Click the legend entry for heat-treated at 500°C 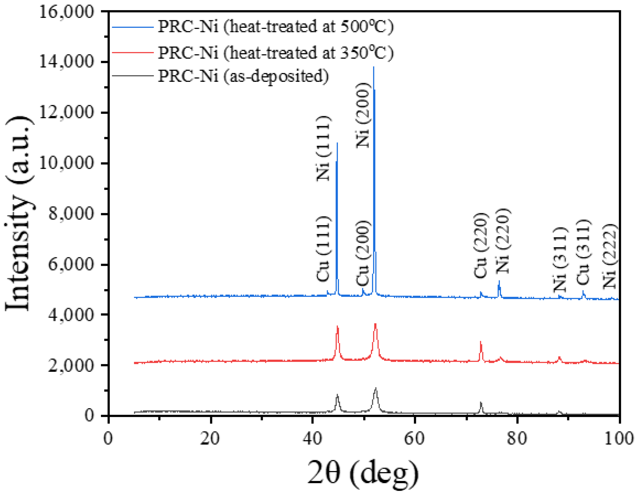(275, 27)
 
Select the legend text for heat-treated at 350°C (275, 53)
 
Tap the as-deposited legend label (243, 76)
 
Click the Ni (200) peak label (363, 115)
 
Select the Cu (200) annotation (363, 253)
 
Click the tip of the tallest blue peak (374, 67)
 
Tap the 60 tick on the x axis (414, 438)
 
